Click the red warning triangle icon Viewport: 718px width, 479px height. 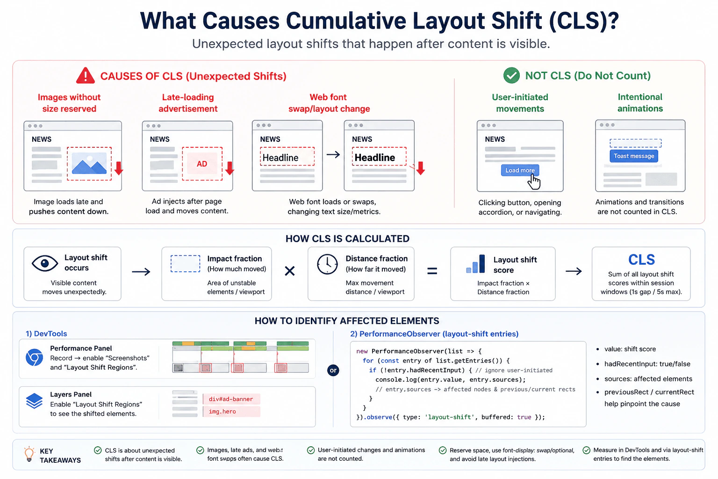85,76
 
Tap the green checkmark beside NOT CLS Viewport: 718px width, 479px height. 511,75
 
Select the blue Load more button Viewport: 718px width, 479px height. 520,170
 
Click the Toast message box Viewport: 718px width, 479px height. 634,156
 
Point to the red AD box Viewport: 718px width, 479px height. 202,164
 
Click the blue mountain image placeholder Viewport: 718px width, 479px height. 89,163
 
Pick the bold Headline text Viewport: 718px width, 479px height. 374,158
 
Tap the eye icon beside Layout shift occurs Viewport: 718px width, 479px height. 45,263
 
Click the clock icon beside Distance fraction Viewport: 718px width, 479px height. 327,264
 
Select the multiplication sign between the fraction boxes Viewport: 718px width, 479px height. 290,271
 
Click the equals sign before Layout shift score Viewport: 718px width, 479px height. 432,271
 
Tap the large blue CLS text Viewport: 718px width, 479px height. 641,260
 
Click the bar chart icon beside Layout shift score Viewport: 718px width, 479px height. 476,264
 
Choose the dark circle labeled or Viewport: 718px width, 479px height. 333,370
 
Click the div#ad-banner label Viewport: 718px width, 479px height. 231,399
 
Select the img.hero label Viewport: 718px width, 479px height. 223,411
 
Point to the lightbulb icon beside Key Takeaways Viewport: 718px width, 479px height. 29,454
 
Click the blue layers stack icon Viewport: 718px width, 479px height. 34,401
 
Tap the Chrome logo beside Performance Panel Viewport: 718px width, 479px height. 34,357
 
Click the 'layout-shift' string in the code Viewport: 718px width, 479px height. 449,417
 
